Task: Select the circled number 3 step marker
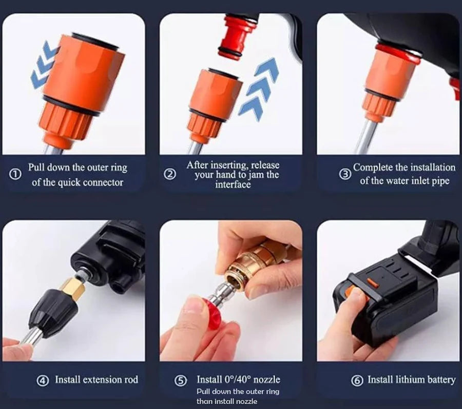click(345, 174)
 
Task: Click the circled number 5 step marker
click(180, 380)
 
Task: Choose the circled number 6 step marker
click(357, 380)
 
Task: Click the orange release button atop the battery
click(373, 281)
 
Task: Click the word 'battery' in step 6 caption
click(441, 380)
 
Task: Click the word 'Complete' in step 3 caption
click(374, 168)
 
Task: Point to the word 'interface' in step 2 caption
click(233, 185)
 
